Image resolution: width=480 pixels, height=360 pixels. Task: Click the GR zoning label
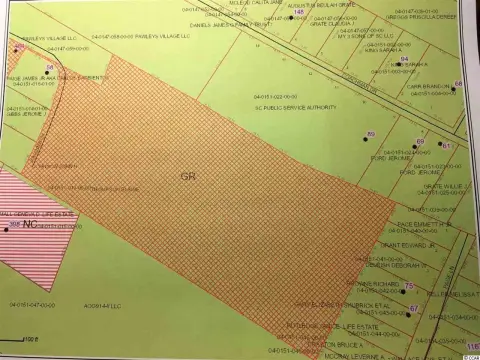click(188, 175)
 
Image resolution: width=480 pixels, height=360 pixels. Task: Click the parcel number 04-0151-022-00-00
click(292, 93)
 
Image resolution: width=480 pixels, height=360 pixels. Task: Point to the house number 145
click(298, 13)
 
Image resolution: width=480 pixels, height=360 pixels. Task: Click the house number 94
click(403, 60)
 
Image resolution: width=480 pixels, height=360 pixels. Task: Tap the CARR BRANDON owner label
click(428, 88)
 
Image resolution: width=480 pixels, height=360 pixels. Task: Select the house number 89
click(371, 133)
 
